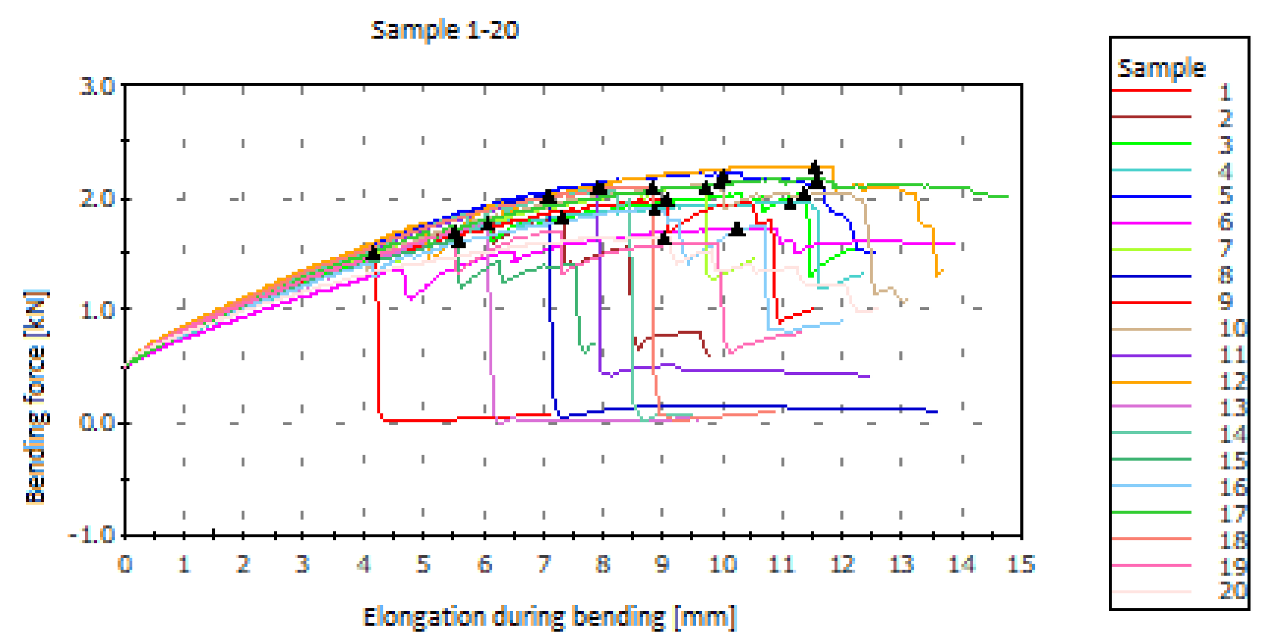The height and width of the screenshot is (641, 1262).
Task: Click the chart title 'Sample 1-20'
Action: coord(444,30)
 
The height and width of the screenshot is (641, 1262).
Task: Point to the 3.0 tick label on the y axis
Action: coord(97,87)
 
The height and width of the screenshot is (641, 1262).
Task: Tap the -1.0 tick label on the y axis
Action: coord(92,534)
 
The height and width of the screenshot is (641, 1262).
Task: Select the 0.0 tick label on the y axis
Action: coord(97,422)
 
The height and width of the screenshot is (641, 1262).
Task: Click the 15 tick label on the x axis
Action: coord(1021,564)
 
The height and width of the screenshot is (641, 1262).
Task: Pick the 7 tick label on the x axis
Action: coord(544,564)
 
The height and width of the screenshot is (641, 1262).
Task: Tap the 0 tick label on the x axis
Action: coord(125,564)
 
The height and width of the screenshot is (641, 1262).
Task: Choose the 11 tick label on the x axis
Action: coord(782,564)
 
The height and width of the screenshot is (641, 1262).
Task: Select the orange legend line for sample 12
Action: coord(1151,382)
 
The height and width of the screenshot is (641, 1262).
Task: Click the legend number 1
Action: coord(1226,92)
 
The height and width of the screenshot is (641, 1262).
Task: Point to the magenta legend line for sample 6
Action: coord(1151,223)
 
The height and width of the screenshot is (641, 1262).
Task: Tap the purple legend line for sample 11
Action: coord(1151,355)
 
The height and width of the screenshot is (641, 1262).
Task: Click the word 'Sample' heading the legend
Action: coord(1161,68)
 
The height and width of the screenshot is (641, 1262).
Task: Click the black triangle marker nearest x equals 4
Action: coord(374,253)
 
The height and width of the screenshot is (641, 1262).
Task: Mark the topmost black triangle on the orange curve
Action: coord(814,167)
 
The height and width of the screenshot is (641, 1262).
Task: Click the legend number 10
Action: coord(1232,328)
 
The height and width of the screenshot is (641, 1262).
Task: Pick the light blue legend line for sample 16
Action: coord(1151,486)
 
